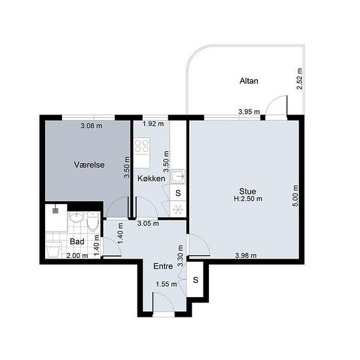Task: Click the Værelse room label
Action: coord(89,164)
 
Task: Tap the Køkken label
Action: coord(151,179)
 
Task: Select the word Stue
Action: coord(247,191)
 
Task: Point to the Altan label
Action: coord(249,81)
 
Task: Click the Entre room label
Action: coord(163,266)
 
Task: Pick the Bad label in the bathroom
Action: coord(77,242)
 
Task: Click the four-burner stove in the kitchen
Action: coord(141,146)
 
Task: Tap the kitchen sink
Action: coord(179,176)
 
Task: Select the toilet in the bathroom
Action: coord(93,221)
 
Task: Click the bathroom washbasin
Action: coord(76,217)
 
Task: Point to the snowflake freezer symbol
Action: coord(178,209)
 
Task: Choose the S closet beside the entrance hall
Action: coord(196,279)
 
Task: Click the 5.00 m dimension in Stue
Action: coord(296,196)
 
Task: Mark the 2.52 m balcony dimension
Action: coord(300,79)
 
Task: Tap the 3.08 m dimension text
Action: coord(92,126)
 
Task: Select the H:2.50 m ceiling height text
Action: coord(247,198)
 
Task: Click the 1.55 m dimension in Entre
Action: coord(166,284)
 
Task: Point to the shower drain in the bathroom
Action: coord(55,211)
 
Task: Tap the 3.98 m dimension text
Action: coord(246,255)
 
